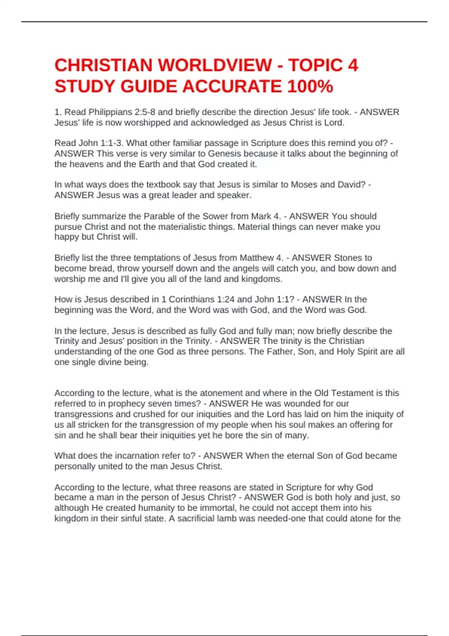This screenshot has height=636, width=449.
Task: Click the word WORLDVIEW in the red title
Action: [x=215, y=65]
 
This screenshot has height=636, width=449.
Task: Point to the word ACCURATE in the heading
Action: [x=232, y=87]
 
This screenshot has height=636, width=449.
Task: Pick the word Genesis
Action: [x=224, y=154]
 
